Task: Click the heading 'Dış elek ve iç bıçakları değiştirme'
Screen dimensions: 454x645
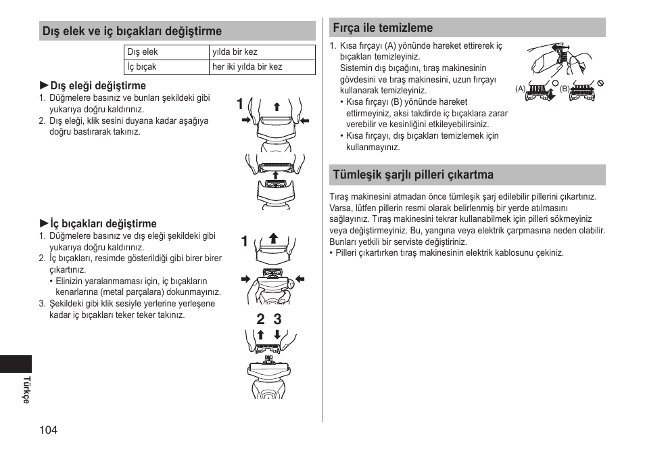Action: coord(132,31)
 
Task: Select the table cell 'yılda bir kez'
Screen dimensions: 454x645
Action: coord(235,52)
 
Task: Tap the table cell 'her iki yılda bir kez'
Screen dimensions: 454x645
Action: coord(247,67)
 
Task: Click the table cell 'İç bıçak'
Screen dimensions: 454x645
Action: coord(142,67)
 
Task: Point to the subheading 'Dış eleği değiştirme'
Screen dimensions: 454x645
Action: coord(98,86)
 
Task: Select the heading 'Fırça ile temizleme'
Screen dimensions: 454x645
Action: coord(382,28)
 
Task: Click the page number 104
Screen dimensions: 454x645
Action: coord(48,430)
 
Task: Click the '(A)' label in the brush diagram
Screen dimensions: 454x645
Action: coord(520,89)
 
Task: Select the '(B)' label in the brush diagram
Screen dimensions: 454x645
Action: coord(565,89)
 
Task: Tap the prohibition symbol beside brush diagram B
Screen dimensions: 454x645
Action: coord(599,83)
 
